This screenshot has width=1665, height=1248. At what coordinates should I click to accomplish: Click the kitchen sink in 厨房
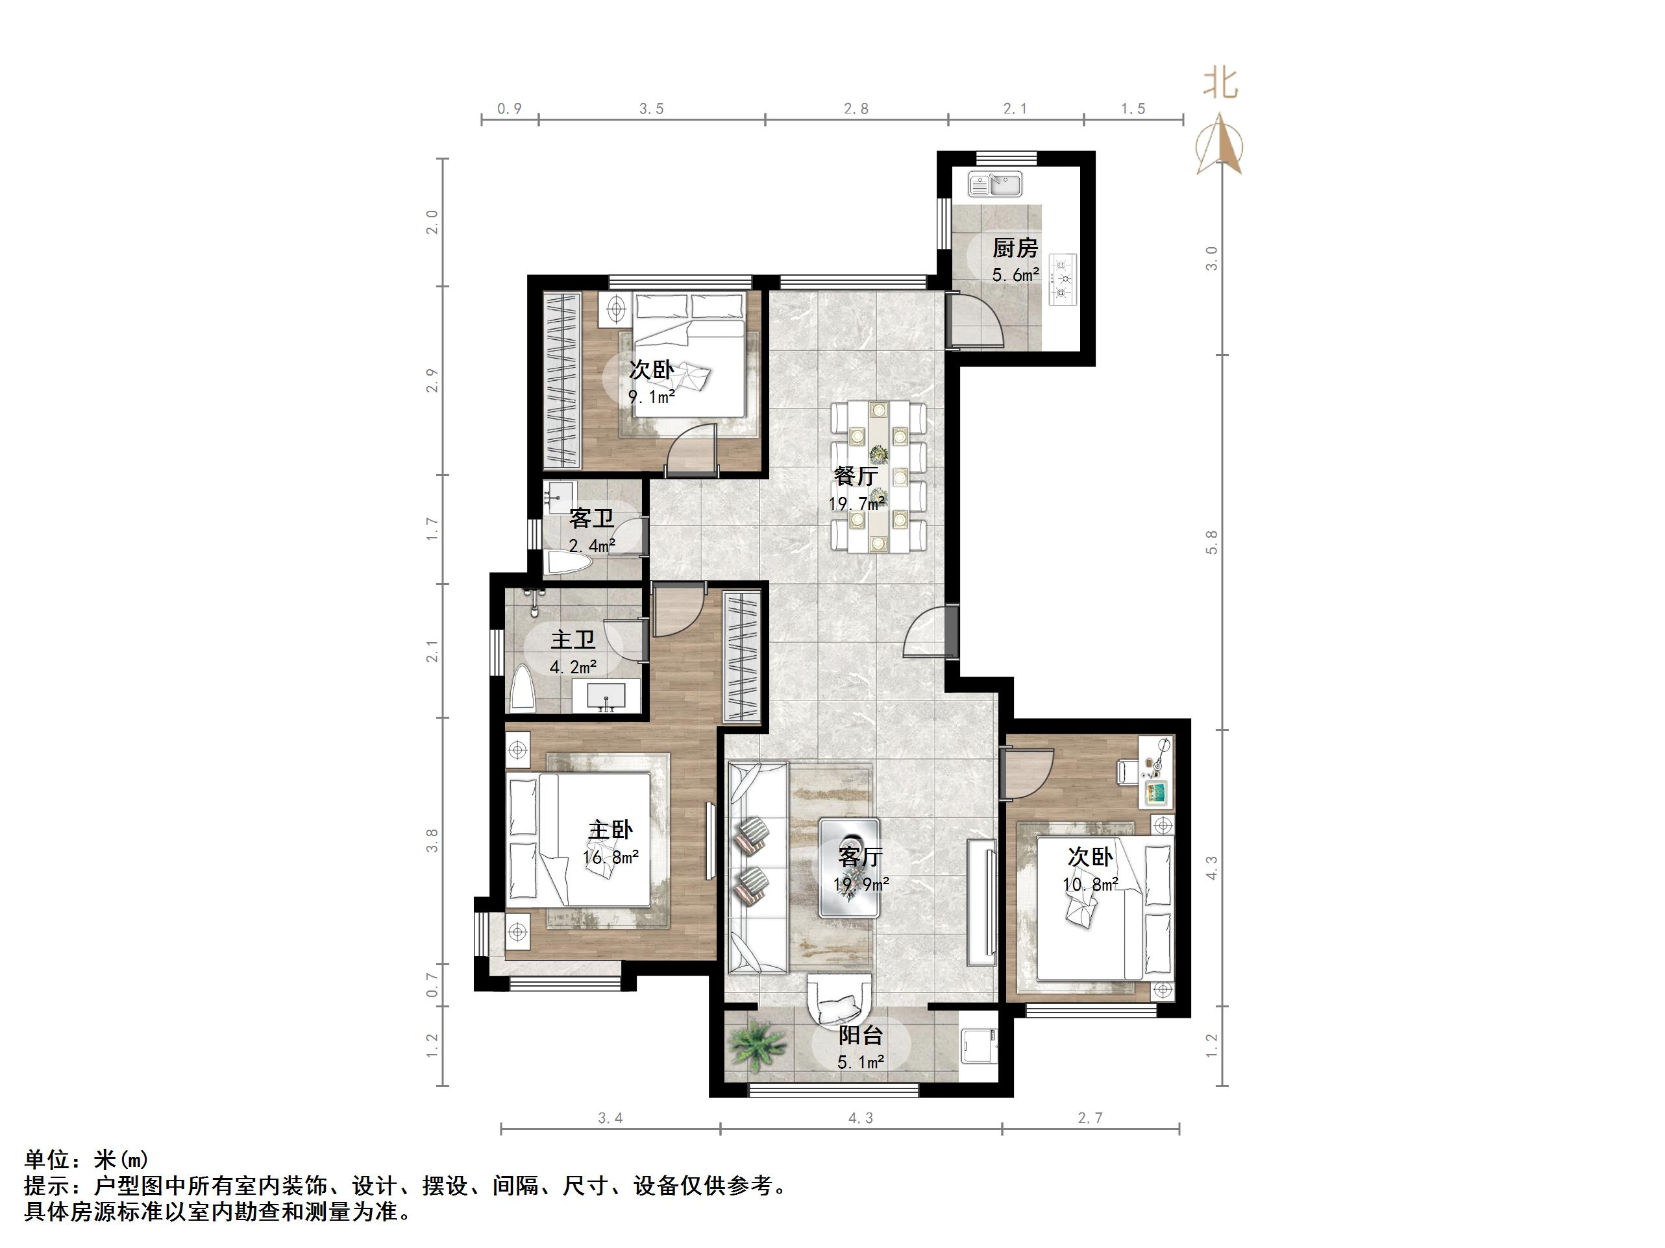point(994,184)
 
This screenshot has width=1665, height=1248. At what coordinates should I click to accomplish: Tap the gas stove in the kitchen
point(1063,279)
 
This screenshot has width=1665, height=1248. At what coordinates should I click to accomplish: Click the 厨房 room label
point(1015,248)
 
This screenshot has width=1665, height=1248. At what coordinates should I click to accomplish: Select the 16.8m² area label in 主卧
point(610,856)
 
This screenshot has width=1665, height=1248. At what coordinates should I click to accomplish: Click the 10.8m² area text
point(1090,885)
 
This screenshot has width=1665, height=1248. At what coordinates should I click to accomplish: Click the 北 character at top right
point(1220,84)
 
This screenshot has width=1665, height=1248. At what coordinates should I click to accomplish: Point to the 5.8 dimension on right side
point(1211,542)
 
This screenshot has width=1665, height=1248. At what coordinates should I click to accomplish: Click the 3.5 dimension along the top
point(651,109)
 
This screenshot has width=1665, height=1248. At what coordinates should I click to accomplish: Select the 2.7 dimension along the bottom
point(1089,1118)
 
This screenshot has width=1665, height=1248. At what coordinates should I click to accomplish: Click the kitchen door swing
point(975,322)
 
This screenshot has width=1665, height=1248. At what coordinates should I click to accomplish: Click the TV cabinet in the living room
point(981,902)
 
